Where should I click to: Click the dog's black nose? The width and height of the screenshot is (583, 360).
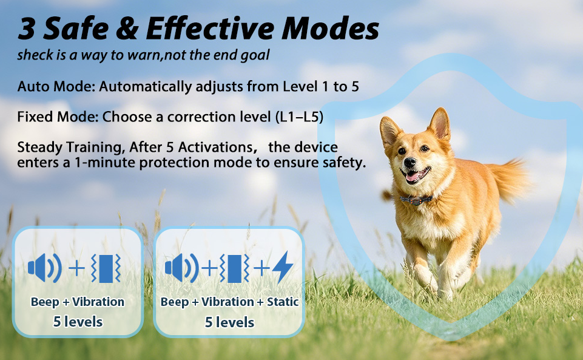[x=409, y=162]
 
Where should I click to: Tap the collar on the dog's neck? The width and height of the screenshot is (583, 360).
[x=416, y=200]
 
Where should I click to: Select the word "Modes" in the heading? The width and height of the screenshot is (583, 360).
[x=330, y=29]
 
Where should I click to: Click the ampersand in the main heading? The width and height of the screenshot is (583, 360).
[x=127, y=29]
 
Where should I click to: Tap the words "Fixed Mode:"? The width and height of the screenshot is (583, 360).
[x=58, y=117]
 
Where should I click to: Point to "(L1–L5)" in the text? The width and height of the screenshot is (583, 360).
[x=299, y=117]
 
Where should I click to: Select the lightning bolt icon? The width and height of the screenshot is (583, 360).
[x=283, y=267]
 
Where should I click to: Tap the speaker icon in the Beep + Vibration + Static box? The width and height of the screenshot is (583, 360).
[x=181, y=267]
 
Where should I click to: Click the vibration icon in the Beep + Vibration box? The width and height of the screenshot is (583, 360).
[x=106, y=267]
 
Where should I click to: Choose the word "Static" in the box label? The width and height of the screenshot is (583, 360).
[x=283, y=302]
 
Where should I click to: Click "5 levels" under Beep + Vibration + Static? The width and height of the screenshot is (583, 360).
[x=229, y=322]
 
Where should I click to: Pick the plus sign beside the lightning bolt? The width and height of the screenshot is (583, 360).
[x=261, y=267]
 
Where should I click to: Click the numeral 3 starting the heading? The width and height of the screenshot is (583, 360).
[x=27, y=29]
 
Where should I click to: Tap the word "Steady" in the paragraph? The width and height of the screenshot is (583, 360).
[x=40, y=148]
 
